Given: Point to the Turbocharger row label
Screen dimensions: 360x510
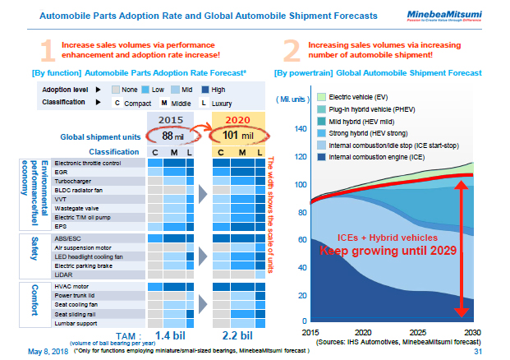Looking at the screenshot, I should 74,181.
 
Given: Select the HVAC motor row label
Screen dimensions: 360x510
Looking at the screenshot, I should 72,287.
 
